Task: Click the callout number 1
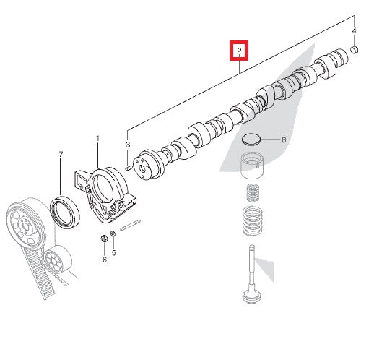pos(98,137)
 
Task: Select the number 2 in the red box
pos(239,52)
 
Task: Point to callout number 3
pos(128,145)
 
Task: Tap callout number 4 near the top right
pos(354,31)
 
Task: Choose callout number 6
pos(103,259)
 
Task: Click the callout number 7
pos(61,155)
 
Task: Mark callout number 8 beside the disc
pos(284,140)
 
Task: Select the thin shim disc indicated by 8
pos(252,140)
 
